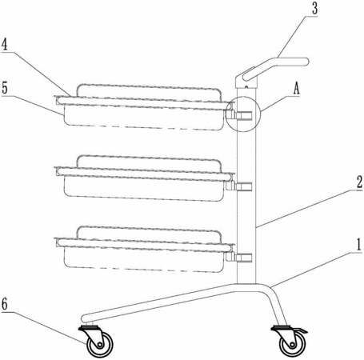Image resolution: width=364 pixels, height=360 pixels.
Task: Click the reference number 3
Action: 315,9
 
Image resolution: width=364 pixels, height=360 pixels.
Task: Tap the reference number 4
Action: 5,44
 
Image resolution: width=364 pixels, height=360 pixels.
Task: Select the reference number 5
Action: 5,88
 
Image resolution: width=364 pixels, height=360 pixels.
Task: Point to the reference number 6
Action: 5,303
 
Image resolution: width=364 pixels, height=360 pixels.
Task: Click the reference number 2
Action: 359,182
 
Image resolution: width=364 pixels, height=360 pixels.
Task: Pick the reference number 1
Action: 359,245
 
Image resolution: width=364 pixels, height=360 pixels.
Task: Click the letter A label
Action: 297,89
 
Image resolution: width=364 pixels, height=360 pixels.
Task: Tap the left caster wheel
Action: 100,344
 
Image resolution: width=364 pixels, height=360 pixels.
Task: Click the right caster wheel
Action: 293,344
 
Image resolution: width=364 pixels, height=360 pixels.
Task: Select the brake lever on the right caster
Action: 301,330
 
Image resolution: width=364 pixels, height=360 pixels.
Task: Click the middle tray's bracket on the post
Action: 239,185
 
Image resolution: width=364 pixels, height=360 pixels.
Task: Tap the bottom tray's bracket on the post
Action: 239,258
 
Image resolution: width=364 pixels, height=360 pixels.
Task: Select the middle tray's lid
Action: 149,163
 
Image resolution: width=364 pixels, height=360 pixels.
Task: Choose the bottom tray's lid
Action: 149,234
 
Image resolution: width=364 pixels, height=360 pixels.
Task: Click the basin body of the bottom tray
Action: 143,259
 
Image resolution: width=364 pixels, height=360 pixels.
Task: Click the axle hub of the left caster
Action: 100,345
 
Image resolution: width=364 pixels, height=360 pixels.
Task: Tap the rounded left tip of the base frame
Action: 84,318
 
